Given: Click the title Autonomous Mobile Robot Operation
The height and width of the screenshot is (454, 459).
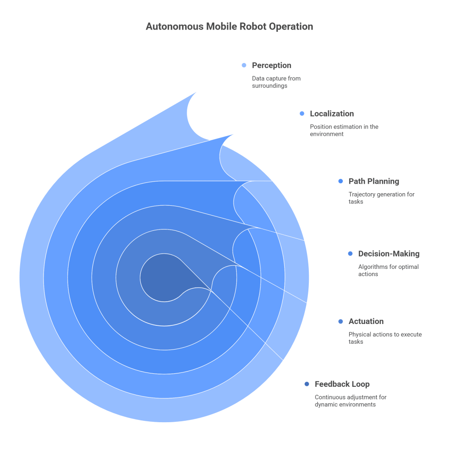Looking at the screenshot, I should click(229, 26).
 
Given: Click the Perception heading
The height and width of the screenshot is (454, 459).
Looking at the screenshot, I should click(271, 65).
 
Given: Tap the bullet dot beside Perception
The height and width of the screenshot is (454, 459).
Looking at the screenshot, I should click(244, 65).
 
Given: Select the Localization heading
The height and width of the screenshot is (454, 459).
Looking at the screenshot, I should click(332, 114).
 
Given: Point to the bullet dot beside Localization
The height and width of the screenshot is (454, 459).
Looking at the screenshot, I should click(302, 114).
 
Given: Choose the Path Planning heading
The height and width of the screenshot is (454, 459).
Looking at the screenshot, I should click(373, 182).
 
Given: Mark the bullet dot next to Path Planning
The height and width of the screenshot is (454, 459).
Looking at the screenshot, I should click(340, 182).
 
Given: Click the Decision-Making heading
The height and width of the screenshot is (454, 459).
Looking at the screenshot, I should click(389, 254).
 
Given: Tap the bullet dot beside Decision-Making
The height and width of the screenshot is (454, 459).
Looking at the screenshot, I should click(350, 254).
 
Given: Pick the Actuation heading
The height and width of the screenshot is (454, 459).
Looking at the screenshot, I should click(366, 321).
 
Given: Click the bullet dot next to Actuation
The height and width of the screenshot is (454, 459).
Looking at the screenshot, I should click(340, 321).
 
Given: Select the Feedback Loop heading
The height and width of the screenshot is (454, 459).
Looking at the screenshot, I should click(342, 384).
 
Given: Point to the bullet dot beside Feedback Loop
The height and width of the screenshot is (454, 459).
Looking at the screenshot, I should click(307, 384).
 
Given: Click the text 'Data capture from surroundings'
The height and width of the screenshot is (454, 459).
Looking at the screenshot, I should click(276, 82).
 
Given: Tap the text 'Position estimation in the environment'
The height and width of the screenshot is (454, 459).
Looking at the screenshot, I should click(344, 130).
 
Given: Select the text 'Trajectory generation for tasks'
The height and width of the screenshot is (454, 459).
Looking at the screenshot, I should click(381, 198).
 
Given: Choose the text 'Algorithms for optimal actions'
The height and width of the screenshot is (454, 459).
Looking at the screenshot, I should click(388, 270).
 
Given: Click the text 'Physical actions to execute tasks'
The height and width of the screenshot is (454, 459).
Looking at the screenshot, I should click(385, 338).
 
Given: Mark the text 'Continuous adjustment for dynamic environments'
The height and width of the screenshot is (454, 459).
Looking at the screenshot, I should click(350, 401).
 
